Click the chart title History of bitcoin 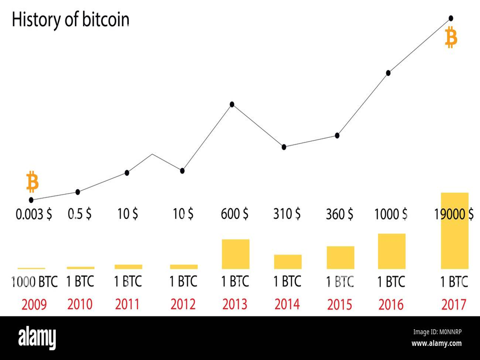(x=70, y=20)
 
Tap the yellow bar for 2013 (x=235, y=254)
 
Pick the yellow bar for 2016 (x=391, y=251)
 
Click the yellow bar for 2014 (x=287, y=262)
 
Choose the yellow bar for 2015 (x=340, y=257)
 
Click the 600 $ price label (x=235, y=214)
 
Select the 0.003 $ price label (x=34, y=215)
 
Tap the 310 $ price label (x=287, y=214)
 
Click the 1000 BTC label (x=34, y=282)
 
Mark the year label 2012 (x=183, y=304)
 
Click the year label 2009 (x=34, y=305)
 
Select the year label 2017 (x=454, y=305)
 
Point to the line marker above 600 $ (x=232, y=104)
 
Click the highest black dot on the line (x=451, y=18)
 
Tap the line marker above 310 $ (x=284, y=147)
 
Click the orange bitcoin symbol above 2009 (x=32, y=182)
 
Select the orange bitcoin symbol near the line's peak (x=451, y=37)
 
